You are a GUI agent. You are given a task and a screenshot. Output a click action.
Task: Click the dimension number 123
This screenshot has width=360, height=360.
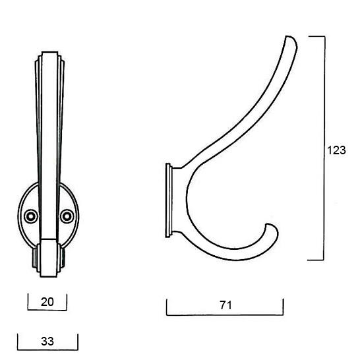pos(336,150)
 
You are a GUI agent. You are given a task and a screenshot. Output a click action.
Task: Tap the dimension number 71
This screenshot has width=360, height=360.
pos(225,305)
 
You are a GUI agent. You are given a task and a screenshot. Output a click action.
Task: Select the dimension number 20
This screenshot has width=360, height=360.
pos(47,302)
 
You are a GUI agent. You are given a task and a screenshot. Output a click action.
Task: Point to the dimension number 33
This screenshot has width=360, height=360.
pos(47,342)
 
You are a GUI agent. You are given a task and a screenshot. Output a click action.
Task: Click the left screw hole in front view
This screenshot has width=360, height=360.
pos(31,216)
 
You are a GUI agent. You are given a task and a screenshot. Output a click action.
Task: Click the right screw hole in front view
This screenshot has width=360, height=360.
pos(67,216)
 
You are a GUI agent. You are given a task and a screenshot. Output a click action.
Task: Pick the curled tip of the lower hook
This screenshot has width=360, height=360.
pos(270,226)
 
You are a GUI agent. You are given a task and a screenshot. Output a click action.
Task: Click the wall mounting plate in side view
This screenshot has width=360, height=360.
pos(169,200)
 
